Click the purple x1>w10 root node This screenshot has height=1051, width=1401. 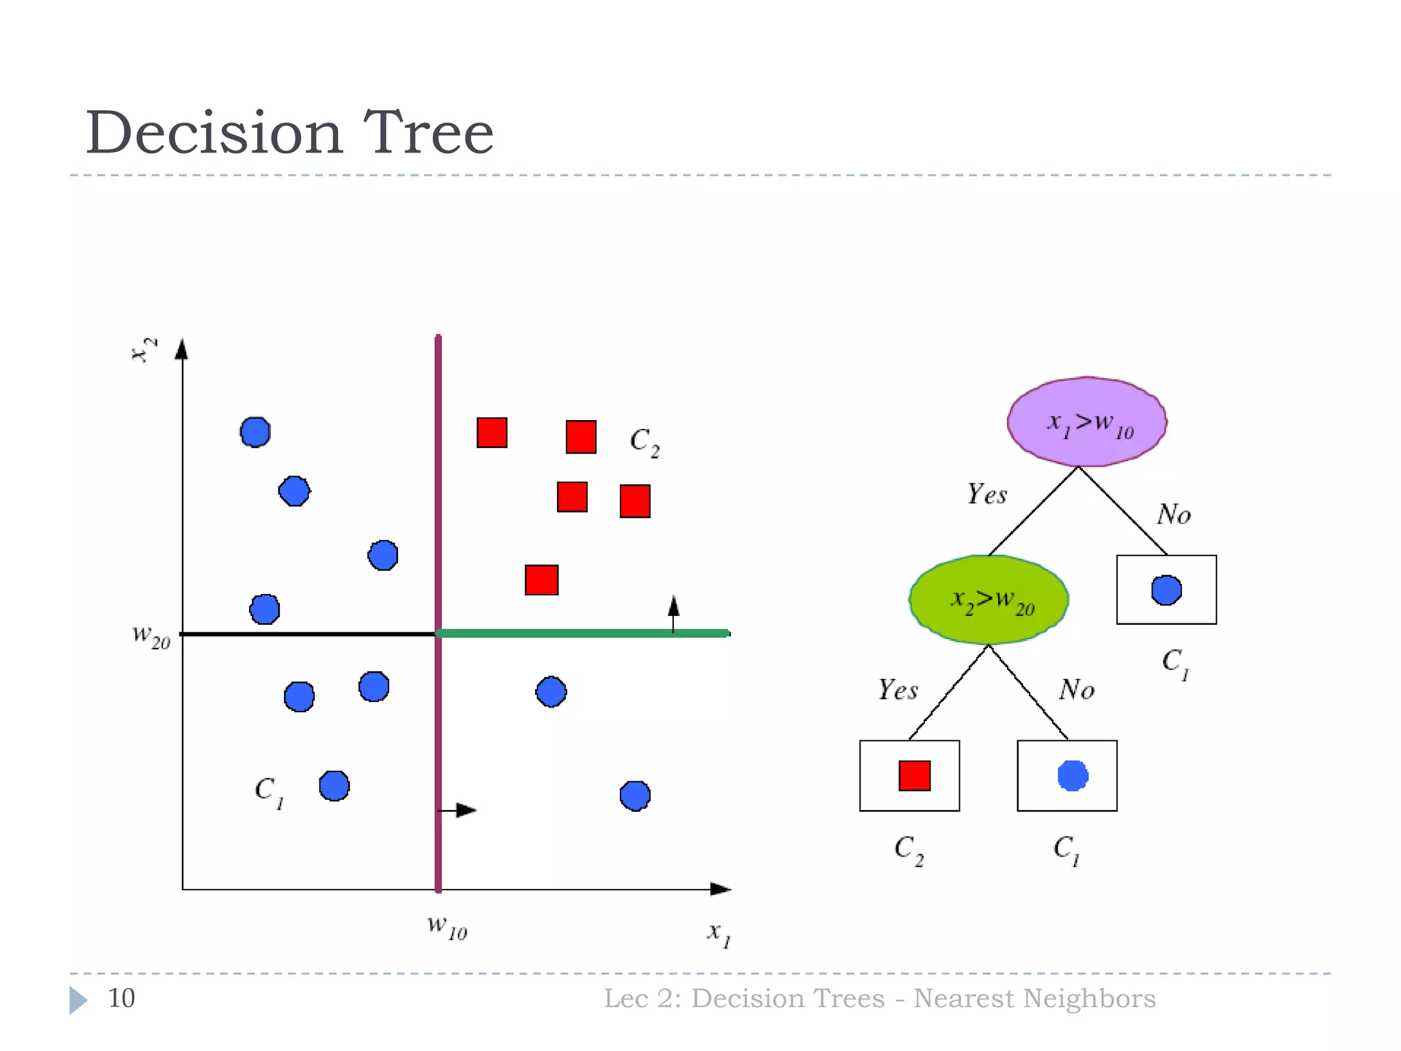1087,422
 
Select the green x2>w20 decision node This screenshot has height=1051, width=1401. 989,600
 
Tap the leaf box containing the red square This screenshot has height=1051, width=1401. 909,775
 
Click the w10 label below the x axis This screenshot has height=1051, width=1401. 447,927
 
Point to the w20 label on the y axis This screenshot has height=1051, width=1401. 151,636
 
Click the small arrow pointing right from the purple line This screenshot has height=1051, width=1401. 458,810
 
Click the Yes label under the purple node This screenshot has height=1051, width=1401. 986,494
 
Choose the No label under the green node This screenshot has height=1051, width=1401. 1077,690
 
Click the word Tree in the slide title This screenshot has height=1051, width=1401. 428,133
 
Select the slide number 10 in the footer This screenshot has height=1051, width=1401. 121,998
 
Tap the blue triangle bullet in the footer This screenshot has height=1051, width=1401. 78,1000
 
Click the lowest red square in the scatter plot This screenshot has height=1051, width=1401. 541,580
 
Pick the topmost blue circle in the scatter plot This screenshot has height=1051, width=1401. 255,432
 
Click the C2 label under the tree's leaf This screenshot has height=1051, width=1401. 909,850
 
